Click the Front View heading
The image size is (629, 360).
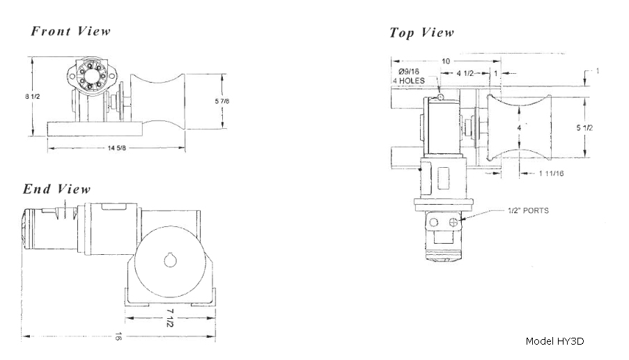point(70,31)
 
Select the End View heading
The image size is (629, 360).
point(56,189)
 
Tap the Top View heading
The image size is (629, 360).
point(421,33)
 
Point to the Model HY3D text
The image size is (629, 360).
point(554,341)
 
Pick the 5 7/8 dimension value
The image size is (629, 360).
point(233,102)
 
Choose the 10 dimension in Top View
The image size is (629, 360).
point(445,61)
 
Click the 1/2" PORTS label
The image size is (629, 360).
point(528,210)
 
